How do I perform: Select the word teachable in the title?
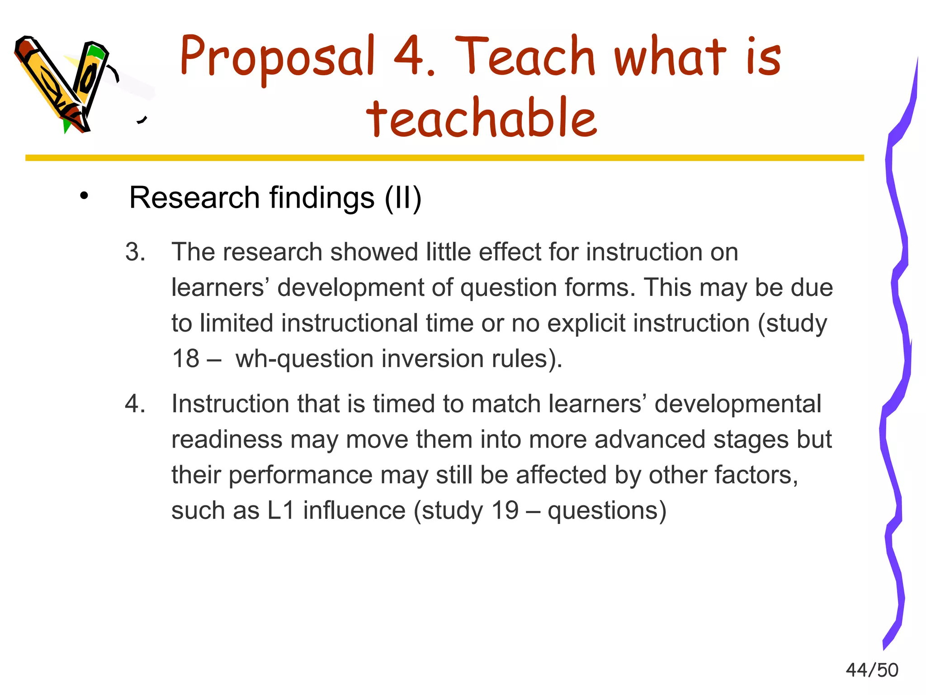pyautogui.click(x=482, y=118)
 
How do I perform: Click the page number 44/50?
pyautogui.click(x=872, y=670)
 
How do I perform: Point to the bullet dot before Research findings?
pyautogui.click(x=84, y=197)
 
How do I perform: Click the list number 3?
pyautogui.click(x=135, y=252)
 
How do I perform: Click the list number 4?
pyautogui.click(x=135, y=404)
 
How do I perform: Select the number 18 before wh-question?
pyautogui.click(x=186, y=359)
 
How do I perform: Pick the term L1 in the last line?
pyautogui.click(x=281, y=511)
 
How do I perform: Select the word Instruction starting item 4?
pyautogui.click(x=230, y=404)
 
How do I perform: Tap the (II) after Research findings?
pyautogui.click(x=403, y=198)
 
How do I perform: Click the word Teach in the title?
pyautogui.click(x=524, y=57)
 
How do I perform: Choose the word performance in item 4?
pyautogui.click(x=300, y=475)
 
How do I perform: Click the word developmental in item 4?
pyautogui.click(x=737, y=404)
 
